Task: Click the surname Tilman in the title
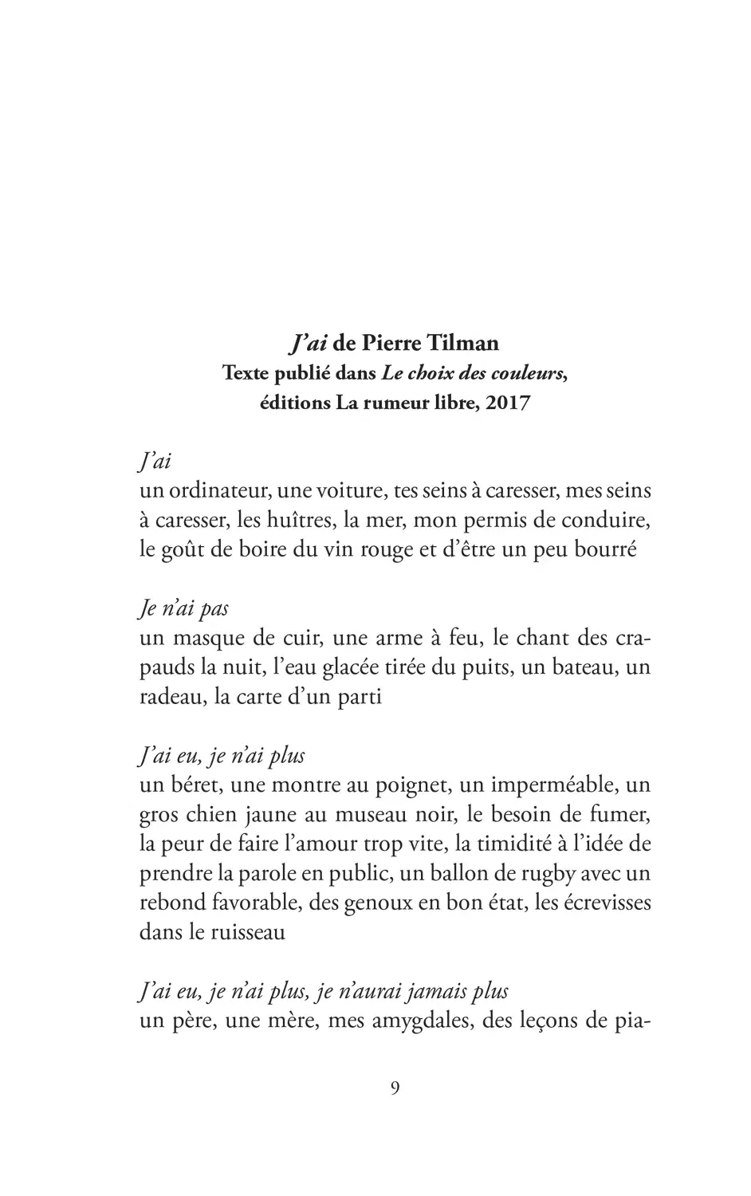coord(464,344)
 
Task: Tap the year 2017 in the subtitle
coord(508,403)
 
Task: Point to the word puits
coord(490,667)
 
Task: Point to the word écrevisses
coord(606,903)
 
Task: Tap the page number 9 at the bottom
coord(395,1088)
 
